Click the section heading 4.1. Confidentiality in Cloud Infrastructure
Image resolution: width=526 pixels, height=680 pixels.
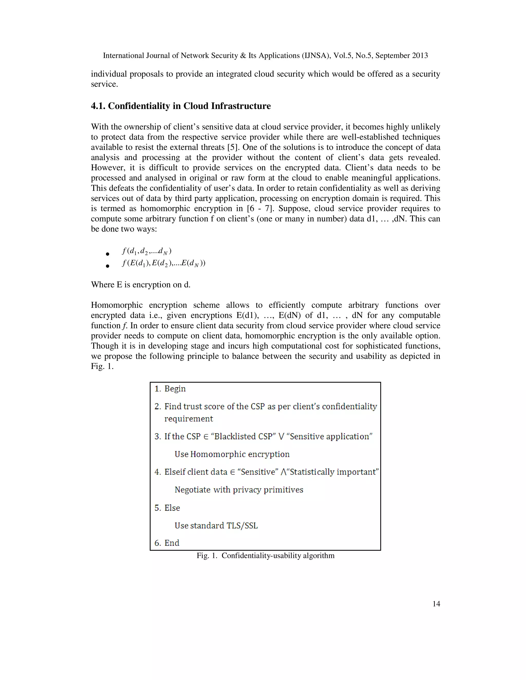pos(181,106)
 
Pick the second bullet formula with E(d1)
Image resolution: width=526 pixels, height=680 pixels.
pos(164,264)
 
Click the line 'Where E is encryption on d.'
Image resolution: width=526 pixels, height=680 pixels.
pos(140,285)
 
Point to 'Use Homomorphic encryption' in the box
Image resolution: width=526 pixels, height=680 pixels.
pos(232,454)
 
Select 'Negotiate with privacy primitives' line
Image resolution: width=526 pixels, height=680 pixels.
pos(239,490)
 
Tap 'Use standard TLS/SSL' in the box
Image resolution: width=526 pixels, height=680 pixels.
pos(216,526)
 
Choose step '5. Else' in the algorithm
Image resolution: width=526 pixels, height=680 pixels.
pos(167,508)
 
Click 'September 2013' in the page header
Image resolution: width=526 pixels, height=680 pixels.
pos(401,56)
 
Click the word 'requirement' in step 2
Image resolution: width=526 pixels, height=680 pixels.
pos(189,419)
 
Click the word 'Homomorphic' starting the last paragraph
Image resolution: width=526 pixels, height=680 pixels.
pos(117,305)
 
